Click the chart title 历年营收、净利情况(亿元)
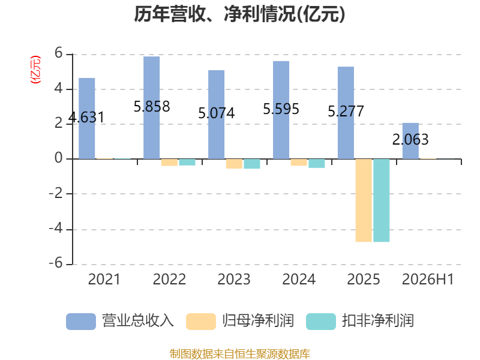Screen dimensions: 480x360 (x=239, y=14)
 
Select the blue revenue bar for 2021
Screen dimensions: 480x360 (x=87, y=118)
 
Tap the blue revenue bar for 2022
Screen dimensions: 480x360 (x=152, y=108)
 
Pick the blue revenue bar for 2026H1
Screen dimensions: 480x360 (x=410, y=141)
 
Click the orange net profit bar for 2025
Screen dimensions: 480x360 (x=364, y=200)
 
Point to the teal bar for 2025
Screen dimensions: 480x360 (x=382, y=200)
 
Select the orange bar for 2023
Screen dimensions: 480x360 (x=234, y=164)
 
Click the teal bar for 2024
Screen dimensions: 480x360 (x=317, y=163)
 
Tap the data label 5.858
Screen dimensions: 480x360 (x=152, y=107)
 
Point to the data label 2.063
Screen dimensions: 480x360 (x=410, y=140)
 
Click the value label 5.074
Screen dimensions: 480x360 (x=217, y=113)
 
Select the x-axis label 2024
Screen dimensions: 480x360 (x=299, y=279)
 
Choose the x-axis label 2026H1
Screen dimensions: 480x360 (x=428, y=279)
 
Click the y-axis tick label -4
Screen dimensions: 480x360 (x=56, y=229)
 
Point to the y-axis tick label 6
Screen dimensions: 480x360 (x=58, y=53)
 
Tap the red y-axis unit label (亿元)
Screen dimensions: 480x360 (x=35, y=70)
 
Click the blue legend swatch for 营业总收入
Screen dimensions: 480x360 (x=81, y=322)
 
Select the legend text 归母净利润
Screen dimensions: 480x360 (x=258, y=321)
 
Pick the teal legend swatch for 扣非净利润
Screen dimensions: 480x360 (x=321, y=322)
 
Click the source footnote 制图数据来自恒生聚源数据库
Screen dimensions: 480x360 (x=239, y=354)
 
